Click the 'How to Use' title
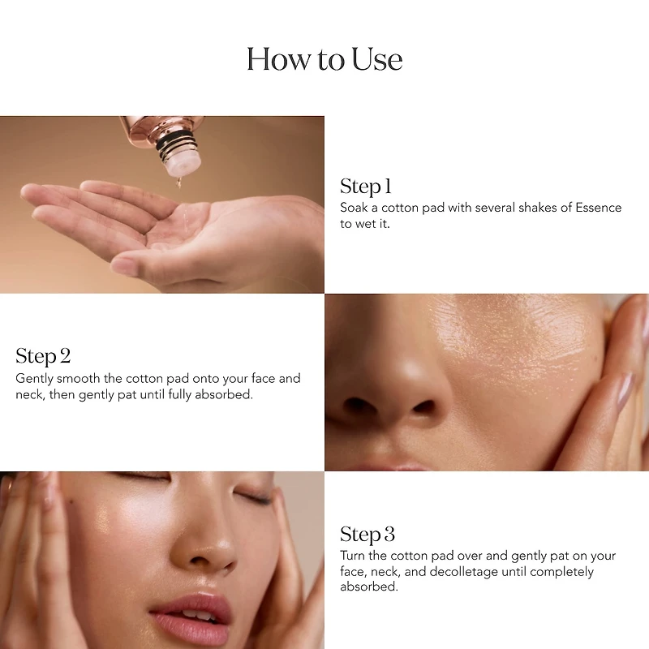(324, 58)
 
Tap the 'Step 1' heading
(366, 187)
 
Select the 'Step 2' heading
(43, 356)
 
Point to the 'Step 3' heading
(367, 535)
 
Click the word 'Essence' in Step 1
(599, 208)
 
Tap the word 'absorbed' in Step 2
(224, 394)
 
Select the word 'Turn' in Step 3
(353, 556)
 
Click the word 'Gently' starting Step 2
(34, 379)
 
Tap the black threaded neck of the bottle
(176, 145)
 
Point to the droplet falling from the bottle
(179, 181)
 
